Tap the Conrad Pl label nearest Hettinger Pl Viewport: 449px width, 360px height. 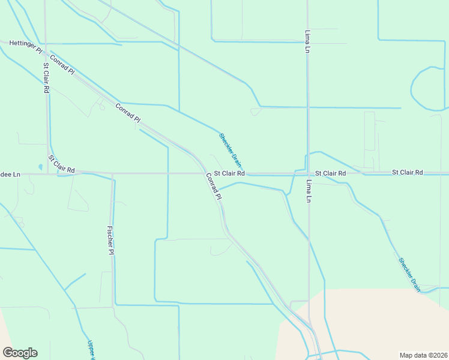[62, 64]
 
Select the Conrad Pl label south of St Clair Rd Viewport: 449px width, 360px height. [214, 187]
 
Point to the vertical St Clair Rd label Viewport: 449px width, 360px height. [46, 78]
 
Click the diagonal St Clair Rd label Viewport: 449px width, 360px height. [61, 164]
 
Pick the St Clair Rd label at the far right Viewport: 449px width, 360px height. [408, 172]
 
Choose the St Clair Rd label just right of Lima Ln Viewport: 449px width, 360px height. [331, 173]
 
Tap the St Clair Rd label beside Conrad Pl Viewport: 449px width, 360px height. [229, 173]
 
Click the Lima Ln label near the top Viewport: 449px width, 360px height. [307, 41]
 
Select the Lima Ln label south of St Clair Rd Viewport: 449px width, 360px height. [309, 191]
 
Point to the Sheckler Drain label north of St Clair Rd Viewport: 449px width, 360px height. [231, 149]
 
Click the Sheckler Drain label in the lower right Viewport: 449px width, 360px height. [409, 274]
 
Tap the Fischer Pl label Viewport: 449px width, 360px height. [110, 239]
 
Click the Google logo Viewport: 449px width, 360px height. [20, 353]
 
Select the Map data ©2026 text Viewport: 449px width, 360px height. [423, 355]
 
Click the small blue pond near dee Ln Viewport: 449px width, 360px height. [40, 167]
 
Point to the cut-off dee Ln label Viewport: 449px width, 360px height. [10, 174]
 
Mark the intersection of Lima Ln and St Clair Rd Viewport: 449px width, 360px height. [308, 174]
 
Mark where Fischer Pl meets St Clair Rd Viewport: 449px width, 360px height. [112, 174]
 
